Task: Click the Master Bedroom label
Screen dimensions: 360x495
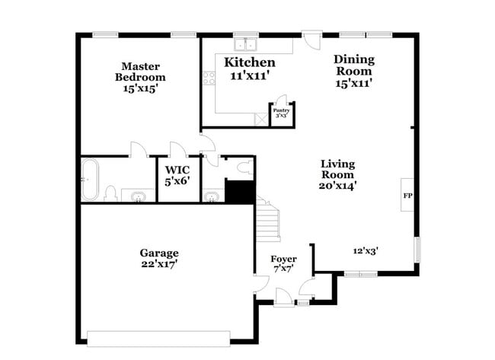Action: click(x=140, y=71)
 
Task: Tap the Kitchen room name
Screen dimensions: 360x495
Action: click(x=249, y=62)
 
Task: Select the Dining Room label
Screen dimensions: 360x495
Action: click(x=353, y=65)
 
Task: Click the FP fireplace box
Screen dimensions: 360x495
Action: click(x=407, y=196)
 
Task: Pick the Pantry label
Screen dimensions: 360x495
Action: click(x=282, y=111)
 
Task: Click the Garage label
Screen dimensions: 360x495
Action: click(x=158, y=253)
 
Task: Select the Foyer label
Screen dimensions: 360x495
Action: click(x=284, y=260)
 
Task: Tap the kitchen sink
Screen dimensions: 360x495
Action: click(x=247, y=43)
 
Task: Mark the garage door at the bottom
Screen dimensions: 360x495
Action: click(x=158, y=337)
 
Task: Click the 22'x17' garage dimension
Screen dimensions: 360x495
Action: click(x=158, y=265)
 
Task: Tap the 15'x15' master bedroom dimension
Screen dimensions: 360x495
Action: click(x=140, y=88)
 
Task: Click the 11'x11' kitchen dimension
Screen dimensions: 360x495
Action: click(x=249, y=75)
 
